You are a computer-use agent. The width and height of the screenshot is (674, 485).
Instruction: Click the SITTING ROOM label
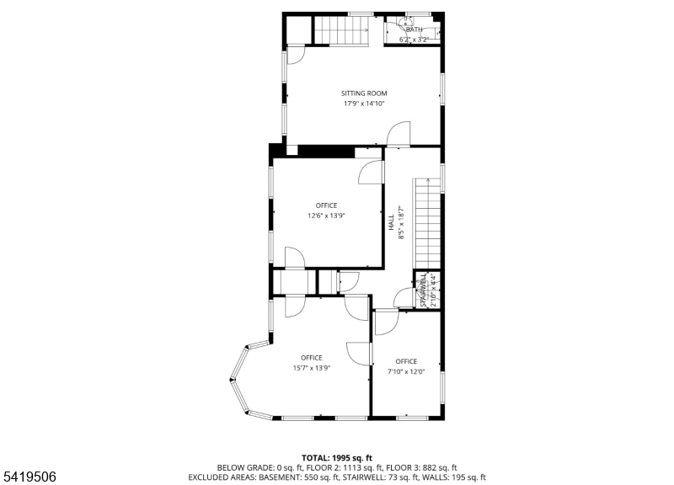[x=364, y=93]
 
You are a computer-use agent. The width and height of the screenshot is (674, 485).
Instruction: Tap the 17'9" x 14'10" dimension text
[x=364, y=104]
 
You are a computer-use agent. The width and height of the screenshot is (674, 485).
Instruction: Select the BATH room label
[x=414, y=29]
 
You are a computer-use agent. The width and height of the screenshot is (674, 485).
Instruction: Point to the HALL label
[x=391, y=222]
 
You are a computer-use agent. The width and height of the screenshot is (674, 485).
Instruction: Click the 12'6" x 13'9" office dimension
[x=326, y=216]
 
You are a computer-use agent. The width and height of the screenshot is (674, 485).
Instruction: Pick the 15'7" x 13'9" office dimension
[x=312, y=368]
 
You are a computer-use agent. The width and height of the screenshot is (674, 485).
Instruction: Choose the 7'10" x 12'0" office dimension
[x=406, y=371]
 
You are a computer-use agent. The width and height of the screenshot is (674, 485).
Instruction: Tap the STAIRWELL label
[x=424, y=290]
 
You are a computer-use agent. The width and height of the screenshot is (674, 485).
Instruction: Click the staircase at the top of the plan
[x=342, y=30]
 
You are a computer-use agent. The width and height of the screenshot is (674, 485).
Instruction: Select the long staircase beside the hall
[x=427, y=223]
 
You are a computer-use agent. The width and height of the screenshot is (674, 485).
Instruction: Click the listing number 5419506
[x=30, y=477]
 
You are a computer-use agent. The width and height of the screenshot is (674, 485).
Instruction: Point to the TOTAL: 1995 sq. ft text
[x=336, y=458]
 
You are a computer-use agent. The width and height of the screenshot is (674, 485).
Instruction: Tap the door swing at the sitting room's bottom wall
[x=399, y=134]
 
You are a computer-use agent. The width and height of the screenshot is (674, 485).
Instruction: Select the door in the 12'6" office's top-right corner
[x=371, y=173]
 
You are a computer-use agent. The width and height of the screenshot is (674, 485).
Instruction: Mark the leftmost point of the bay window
[x=230, y=379]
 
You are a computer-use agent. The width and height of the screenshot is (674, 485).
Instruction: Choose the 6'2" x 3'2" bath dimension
[x=414, y=40]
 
